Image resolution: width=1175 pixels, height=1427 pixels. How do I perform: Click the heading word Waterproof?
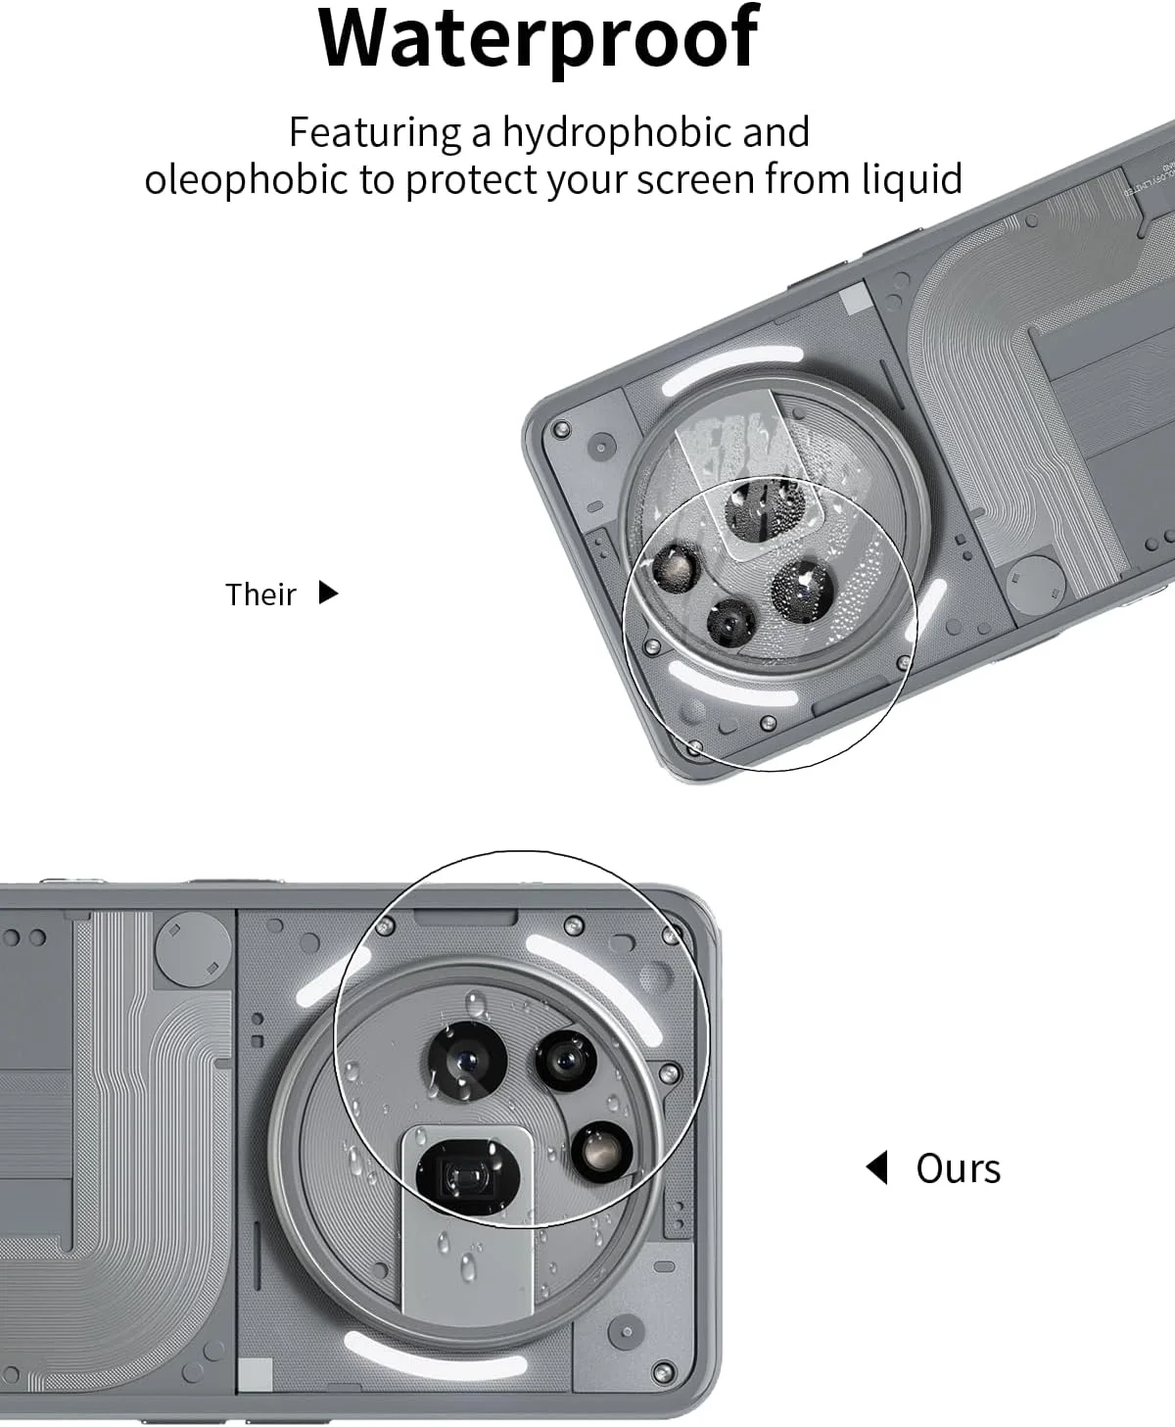coord(539,39)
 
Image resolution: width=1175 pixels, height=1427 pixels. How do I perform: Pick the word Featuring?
coord(374,132)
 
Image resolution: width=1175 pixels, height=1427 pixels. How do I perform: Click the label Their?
coord(260,595)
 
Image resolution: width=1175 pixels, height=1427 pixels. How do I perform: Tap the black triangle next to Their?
coord(329,593)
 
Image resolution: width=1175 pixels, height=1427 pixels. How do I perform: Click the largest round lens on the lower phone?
coord(467,1061)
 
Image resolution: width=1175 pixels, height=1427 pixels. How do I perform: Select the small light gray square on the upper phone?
coord(853,301)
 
